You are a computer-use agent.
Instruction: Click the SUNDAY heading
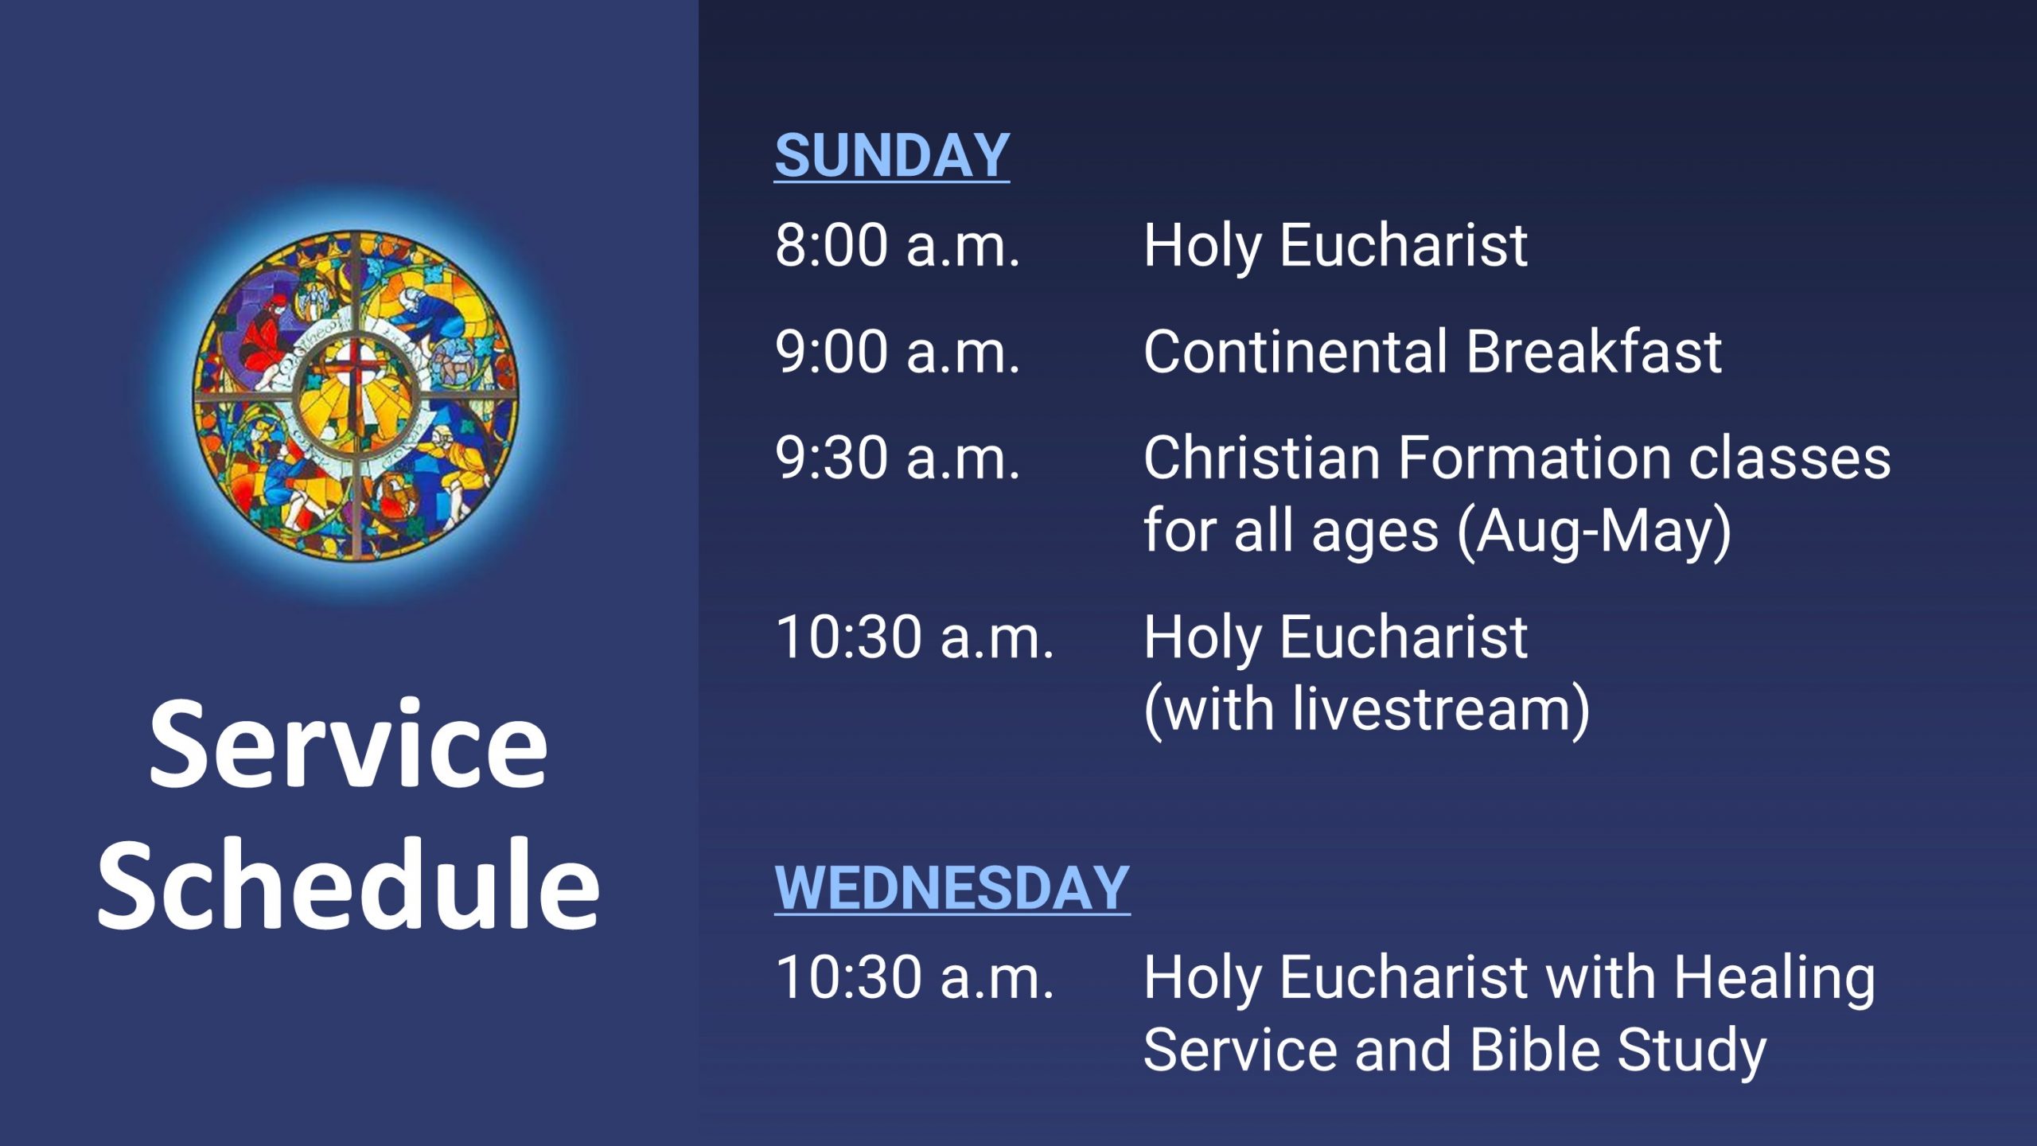tap(892, 156)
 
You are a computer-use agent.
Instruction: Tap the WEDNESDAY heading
tap(952, 888)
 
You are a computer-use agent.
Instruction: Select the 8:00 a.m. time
tap(898, 245)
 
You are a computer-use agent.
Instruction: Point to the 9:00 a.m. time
tap(898, 352)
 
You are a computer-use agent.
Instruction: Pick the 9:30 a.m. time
tap(898, 458)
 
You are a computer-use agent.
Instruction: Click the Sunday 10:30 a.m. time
tap(915, 637)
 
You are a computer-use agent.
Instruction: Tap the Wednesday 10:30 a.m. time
tap(915, 977)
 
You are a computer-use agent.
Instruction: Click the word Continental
tap(1295, 351)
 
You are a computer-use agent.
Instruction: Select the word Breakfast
tap(1594, 351)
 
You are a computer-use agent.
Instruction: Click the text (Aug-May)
tap(1595, 532)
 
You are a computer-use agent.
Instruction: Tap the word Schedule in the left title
tap(349, 883)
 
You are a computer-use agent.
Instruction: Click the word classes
tap(1790, 458)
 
